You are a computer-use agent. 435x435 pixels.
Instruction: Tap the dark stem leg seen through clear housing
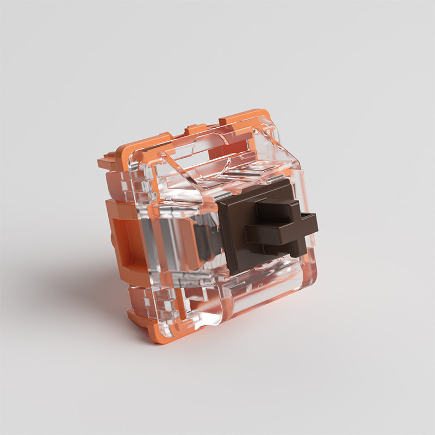pyautogui.click(x=206, y=242)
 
